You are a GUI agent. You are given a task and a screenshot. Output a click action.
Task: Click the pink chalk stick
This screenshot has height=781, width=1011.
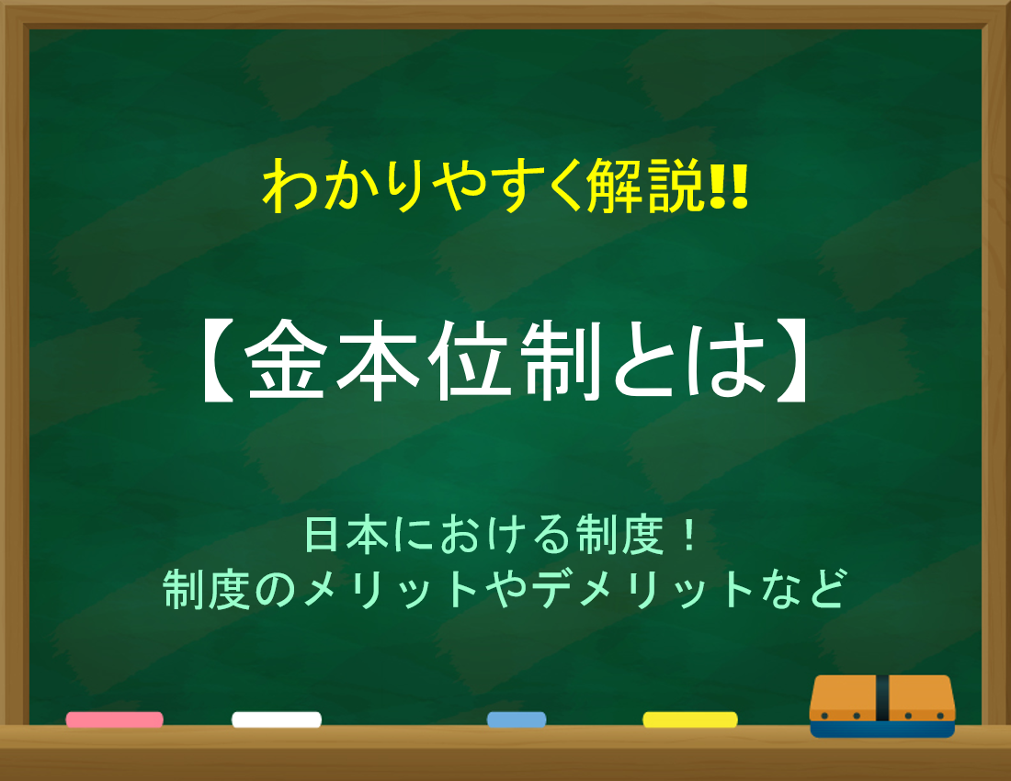[x=114, y=719]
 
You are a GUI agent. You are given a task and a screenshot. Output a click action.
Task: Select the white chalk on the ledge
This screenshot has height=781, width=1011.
[x=277, y=719]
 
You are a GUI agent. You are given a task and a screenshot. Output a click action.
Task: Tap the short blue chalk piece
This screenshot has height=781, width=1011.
[x=517, y=719]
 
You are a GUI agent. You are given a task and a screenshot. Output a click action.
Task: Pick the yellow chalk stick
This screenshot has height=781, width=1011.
[x=690, y=719]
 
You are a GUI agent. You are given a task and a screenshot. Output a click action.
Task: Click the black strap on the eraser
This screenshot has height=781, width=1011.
[x=882, y=698]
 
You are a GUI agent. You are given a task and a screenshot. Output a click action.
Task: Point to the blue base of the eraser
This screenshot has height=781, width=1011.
[x=882, y=730]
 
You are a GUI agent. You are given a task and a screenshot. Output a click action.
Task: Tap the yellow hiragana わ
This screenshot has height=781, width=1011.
[x=289, y=187]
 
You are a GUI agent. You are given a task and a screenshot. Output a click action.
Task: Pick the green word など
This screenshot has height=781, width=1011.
[x=802, y=589]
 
